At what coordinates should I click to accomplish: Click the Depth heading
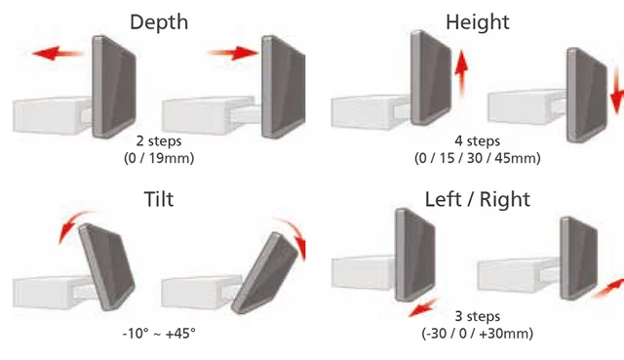159,22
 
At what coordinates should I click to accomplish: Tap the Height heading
477,22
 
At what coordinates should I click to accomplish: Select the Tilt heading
159,199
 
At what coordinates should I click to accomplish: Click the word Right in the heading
505,199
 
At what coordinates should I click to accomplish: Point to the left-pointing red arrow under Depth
58,53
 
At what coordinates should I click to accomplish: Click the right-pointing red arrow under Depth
233,53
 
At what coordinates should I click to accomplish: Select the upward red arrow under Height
461,73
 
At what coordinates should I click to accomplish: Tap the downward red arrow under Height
617,91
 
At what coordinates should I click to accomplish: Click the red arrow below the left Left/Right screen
423,307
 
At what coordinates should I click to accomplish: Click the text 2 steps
159,140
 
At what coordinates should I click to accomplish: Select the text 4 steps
477,140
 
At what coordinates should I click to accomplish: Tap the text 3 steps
477,316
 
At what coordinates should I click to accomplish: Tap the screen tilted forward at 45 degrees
264,273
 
